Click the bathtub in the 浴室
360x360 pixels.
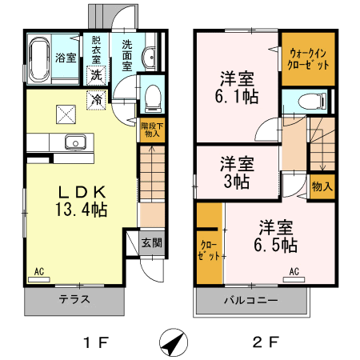click(39, 60)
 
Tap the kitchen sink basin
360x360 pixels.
click(75, 142)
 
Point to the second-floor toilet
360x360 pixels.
click(312, 102)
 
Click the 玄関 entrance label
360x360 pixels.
click(151, 242)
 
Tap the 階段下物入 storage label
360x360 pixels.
click(152, 130)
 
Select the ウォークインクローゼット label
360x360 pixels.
click(308, 59)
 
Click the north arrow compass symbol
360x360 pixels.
click(174, 342)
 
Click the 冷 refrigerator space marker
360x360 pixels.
click(96, 100)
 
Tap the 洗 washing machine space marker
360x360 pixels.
click(96, 75)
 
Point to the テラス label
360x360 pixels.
click(74, 299)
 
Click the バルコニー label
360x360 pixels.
click(251, 300)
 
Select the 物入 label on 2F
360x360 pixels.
click(322, 186)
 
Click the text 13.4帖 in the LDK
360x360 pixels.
click(82, 210)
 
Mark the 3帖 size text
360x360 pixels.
click(237, 182)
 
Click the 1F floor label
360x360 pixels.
click(96, 342)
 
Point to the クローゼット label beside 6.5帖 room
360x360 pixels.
click(209, 250)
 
